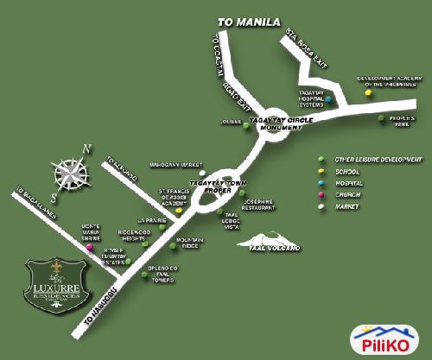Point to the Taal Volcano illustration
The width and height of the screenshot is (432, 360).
pos(270,239)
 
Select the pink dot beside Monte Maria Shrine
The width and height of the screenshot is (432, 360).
pos(88,249)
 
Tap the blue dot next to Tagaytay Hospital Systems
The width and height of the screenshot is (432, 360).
pos(328,99)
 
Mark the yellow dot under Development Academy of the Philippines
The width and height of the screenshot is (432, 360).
pos(368,90)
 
